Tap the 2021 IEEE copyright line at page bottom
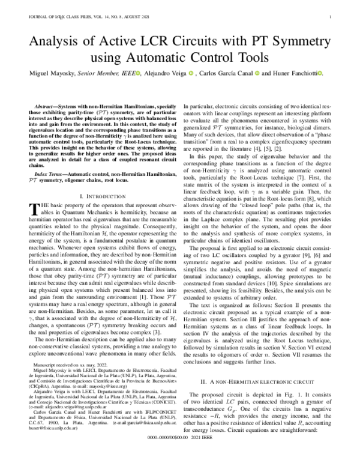[x=179, y=454]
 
